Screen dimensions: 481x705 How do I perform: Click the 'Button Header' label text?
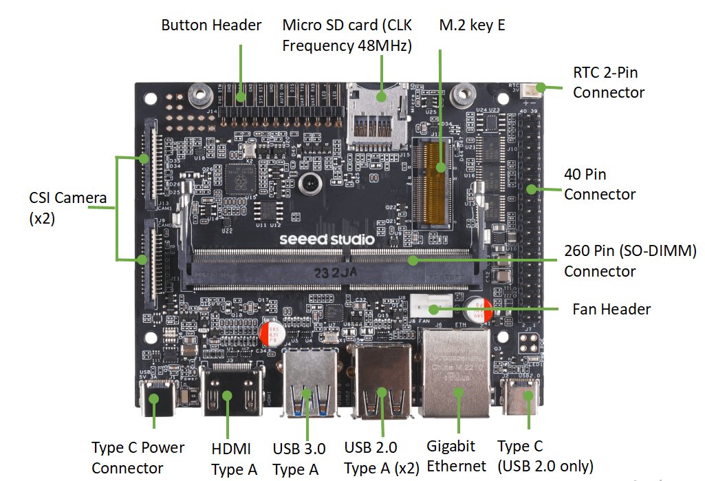(211, 25)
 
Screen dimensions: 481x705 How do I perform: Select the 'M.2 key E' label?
(472, 25)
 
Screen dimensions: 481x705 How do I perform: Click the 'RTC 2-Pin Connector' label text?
(609, 83)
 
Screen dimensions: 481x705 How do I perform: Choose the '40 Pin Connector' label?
(600, 184)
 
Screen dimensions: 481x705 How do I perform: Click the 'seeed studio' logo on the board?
(327, 239)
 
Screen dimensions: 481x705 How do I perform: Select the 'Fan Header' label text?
(611, 310)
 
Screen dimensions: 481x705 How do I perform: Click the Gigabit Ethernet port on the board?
(455, 375)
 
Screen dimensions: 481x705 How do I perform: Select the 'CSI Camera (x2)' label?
(67, 209)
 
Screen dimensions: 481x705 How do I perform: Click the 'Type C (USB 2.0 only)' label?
(545, 456)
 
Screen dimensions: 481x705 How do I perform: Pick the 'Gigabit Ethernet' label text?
(456, 456)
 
